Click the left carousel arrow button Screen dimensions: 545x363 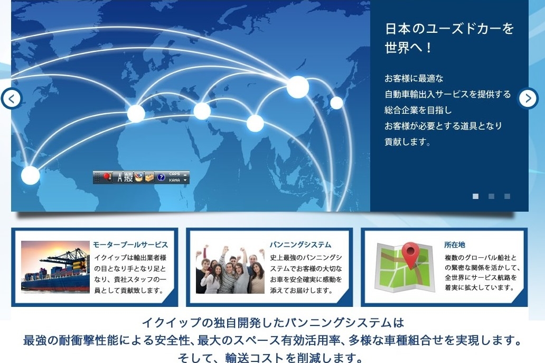[12, 98]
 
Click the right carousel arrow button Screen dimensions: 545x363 [528, 98]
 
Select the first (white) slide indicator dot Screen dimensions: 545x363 [475, 196]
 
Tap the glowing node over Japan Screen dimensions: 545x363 [336, 103]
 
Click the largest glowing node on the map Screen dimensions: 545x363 [298, 87]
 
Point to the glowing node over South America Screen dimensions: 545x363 [31, 175]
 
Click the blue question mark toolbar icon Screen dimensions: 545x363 [161, 177]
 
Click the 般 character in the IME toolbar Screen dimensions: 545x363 [129, 177]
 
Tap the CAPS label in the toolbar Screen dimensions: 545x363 [174, 174]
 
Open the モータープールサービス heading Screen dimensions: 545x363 [130, 245]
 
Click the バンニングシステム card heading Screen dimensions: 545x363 [300, 245]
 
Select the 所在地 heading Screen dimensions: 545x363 [455, 245]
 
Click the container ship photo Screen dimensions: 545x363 [55, 267]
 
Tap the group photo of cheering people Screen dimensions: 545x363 [230, 269]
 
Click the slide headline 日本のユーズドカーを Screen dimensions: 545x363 [449, 29]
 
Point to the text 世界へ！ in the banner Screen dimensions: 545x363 [408, 48]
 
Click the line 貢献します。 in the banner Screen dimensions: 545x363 [407, 142]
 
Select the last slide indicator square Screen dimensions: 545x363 [508, 196]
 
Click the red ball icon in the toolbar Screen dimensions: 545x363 [107, 177]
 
